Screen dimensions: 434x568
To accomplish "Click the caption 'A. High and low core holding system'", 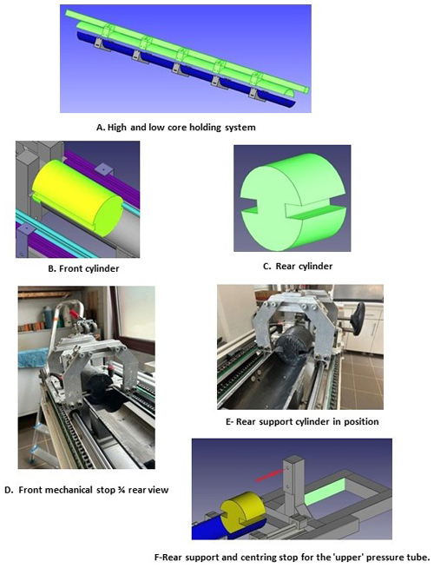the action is [176, 128].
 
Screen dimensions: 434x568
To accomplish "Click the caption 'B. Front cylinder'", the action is [83, 268].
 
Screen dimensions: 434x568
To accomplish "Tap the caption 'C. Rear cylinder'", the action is [299, 267].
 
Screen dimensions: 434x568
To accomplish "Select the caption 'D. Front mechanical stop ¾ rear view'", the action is [87, 490].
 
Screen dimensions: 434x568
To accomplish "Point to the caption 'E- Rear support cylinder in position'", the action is [302, 421].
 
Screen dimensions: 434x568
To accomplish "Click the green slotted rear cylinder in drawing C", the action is [293, 201].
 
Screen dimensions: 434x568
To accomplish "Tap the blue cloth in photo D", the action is [33, 357].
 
